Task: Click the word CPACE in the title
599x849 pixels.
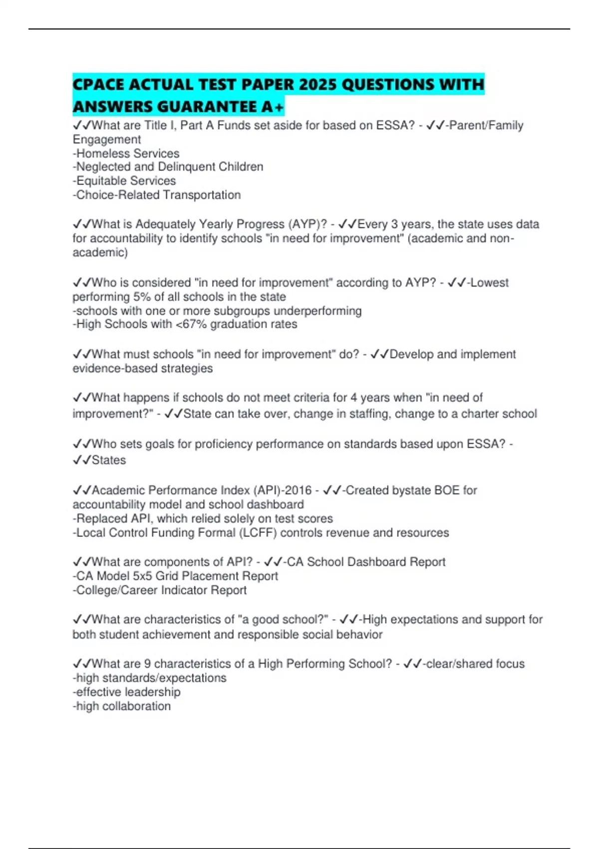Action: (x=98, y=85)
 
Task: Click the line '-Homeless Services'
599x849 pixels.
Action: (x=126, y=153)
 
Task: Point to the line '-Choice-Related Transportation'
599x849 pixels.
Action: (x=157, y=195)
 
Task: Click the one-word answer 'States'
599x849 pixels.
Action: (x=109, y=460)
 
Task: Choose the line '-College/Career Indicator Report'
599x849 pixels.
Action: (x=160, y=590)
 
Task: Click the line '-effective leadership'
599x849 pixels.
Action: (x=127, y=692)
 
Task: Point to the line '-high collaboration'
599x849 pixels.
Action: (x=122, y=706)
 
